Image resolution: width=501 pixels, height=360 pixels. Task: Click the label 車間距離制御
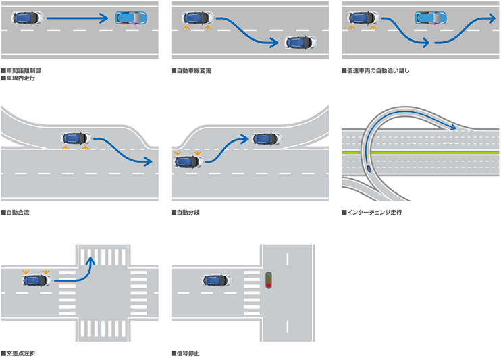24,70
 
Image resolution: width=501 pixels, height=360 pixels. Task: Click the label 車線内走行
20,78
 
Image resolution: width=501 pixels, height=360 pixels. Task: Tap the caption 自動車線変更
194,70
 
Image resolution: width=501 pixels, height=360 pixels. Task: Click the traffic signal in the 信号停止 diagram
268,280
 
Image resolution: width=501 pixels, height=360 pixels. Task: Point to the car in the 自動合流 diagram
76,137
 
